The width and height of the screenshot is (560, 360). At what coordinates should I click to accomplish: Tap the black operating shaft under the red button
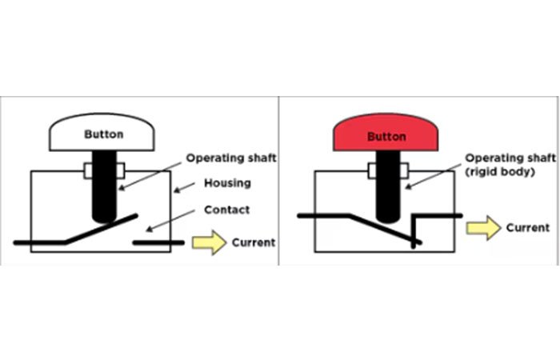click(386, 196)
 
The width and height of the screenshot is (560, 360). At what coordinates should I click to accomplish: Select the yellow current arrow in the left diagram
click(210, 243)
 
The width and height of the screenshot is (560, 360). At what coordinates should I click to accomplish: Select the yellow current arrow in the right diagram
click(484, 229)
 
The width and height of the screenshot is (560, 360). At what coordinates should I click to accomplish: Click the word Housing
click(228, 183)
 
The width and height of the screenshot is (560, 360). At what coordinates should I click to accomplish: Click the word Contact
click(228, 210)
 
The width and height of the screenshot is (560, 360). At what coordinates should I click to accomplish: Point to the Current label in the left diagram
click(254, 242)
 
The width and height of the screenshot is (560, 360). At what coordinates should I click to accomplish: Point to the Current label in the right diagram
click(528, 228)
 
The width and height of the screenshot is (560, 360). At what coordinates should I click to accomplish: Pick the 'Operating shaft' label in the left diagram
click(231, 158)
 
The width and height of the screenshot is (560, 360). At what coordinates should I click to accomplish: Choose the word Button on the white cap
click(104, 134)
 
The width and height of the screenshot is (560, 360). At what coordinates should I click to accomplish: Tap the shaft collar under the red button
click(386, 171)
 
